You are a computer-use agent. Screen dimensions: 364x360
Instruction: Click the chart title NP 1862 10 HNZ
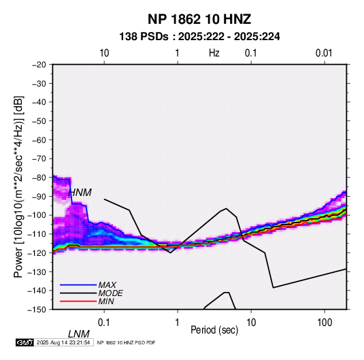click(x=199, y=19)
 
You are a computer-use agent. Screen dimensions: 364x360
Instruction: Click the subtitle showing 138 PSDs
click(x=199, y=37)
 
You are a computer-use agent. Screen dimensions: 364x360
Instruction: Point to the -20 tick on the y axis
click(x=39, y=65)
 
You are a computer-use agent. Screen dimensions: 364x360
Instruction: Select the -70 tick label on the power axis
click(x=39, y=159)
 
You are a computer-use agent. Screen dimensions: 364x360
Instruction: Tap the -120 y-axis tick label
click(x=37, y=252)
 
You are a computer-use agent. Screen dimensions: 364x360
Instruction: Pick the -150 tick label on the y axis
click(x=37, y=310)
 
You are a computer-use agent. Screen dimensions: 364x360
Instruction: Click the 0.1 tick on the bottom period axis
click(x=103, y=323)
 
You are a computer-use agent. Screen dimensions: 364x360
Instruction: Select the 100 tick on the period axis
click(x=325, y=323)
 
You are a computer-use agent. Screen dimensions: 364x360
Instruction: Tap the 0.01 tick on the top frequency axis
click(x=324, y=53)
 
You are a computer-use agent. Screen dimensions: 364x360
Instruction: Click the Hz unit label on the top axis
click(x=214, y=53)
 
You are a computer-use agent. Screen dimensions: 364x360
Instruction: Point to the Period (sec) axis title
click(x=214, y=330)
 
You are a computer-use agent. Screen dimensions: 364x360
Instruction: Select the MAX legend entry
click(x=107, y=285)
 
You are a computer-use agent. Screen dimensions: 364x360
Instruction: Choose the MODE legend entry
click(x=110, y=293)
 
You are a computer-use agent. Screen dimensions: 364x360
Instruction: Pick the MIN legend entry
click(x=106, y=301)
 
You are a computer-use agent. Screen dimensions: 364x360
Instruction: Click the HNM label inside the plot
click(x=80, y=193)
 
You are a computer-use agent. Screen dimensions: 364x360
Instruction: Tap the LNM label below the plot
click(x=79, y=334)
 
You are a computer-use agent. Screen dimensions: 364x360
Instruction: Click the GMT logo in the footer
click(x=25, y=342)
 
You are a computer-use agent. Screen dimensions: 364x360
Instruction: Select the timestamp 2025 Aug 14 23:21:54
click(x=63, y=342)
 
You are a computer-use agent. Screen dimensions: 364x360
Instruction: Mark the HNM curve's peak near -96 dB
click(x=226, y=208)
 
